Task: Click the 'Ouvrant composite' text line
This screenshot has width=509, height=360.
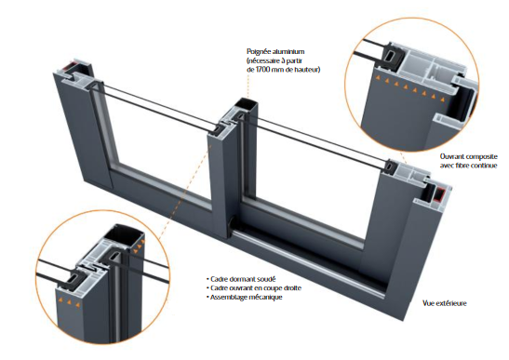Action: [468, 156]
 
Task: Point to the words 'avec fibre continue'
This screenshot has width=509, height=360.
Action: [468, 166]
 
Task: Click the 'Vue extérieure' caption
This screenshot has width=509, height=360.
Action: [445, 303]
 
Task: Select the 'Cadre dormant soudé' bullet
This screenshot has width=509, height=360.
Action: [241, 279]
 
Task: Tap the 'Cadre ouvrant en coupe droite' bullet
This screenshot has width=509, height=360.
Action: [253, 288]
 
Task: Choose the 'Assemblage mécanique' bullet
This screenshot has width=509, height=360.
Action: [244, 297]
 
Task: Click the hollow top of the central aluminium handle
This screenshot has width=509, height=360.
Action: [246, 104]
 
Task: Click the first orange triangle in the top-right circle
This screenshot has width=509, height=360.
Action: [377, 77]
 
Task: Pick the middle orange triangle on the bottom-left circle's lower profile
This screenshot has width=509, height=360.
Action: [69, 302]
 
